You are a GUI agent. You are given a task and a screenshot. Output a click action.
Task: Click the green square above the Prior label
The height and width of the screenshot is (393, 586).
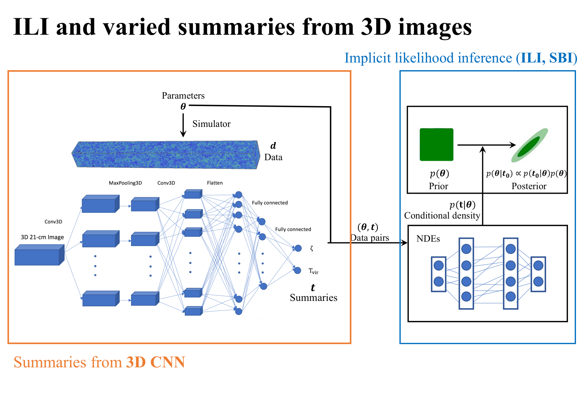coord(436,144)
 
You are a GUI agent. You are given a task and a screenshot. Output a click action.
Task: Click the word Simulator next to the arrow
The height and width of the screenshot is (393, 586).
coord(211,124)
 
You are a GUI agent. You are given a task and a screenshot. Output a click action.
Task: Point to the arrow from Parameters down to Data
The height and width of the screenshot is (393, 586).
coord(183,125)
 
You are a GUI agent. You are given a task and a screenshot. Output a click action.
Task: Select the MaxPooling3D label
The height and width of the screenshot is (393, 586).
coord(125,183)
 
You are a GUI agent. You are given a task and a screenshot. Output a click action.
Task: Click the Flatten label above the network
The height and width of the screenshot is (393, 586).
coord(215,183)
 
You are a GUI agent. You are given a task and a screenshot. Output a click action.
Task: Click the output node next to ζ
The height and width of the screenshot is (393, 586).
coord(298,248)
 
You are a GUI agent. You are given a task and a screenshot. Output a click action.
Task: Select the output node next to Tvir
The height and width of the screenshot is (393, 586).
coord(297,270)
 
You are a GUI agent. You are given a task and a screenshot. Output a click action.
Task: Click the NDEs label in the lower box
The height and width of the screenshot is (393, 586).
coord(428,239)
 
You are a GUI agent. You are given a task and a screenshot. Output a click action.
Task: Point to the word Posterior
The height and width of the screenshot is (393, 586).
coord(529,186)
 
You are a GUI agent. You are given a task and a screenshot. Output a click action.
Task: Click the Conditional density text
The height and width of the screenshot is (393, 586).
coord(442,216)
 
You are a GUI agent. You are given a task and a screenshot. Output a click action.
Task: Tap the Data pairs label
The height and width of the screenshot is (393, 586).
coord(370,238)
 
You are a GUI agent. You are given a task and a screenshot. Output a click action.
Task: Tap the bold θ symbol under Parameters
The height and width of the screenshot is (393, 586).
coord(183,107)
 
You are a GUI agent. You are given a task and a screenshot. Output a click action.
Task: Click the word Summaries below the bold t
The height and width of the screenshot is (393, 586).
coord(313,297)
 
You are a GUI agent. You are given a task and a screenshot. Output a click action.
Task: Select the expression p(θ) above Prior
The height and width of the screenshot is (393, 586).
coord(439,173)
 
